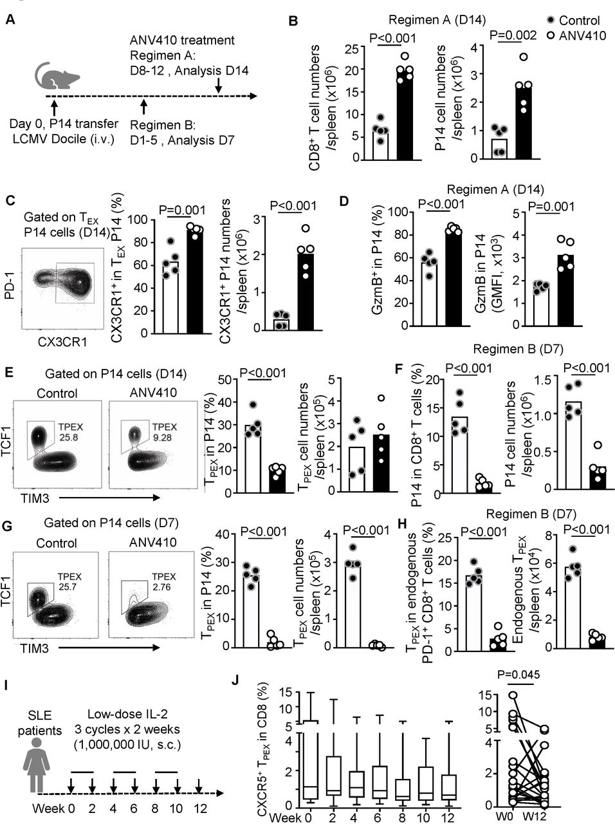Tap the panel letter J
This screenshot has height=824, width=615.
239,680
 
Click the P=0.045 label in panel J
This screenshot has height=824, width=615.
519,674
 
